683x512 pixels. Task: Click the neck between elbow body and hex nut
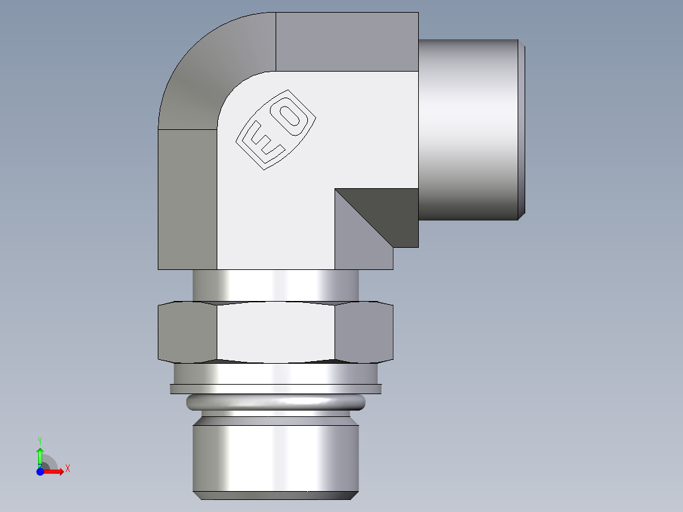(276, 285)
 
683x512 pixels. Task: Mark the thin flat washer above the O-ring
(276, 388)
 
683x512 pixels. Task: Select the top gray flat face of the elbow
(347, 42)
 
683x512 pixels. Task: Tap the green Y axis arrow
(40, 455)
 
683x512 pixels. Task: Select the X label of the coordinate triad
(68, 469)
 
